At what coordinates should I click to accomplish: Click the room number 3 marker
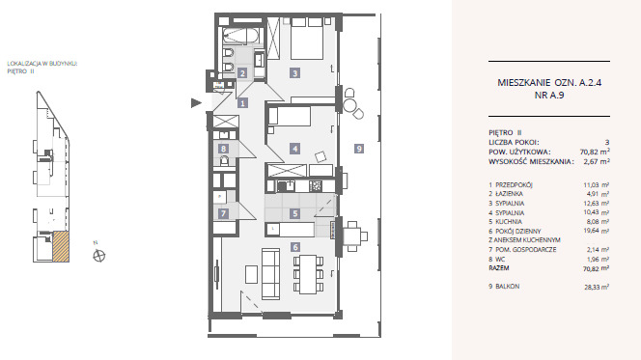click(x=294, y=73)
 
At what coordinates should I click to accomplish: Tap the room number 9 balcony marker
click(x=358, y=149)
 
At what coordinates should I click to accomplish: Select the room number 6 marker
click(x=294, y=247)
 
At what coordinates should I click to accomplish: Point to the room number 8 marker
click(x=223, y=149)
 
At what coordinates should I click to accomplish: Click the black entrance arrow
click(x=196, y=103)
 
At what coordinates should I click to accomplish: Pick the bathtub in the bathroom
click(x=241, y=36)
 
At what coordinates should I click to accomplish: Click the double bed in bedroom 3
click(x=307, y=39)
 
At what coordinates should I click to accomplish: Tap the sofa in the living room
click(x=270, y=273)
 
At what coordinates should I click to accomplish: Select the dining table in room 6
click(x=308, y=274)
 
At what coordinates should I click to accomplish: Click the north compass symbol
click(x=98, y=256)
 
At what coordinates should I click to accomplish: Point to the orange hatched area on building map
click(x=61, y=246)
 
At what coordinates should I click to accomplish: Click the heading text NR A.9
click(x=549, y=96)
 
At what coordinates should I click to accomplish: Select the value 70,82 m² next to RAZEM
click(x=596, y=268)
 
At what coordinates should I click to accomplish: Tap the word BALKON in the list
click(x=508, y=287)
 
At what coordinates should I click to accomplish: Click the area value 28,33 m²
click(x=597, y=287)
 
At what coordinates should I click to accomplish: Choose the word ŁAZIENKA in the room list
click(x=509, y=194)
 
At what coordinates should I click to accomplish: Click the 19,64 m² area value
click(x=597, y=231)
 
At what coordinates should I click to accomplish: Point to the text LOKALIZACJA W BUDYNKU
click(x=42, y=64)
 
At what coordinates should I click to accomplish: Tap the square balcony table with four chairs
click(x=351, y=236)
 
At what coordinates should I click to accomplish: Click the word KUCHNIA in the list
click(x=509, y=221)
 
